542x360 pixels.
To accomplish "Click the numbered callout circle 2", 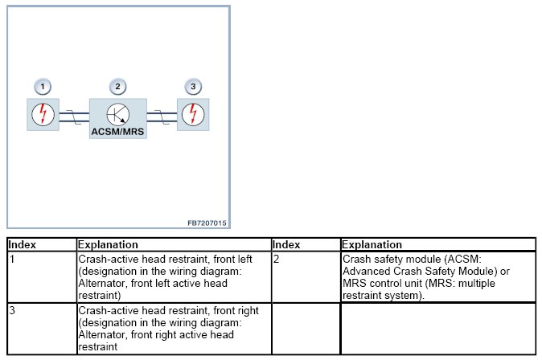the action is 118,86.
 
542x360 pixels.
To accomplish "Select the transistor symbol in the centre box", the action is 118,113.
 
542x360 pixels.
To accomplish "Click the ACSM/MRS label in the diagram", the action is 118,131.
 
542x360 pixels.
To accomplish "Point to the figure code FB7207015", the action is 207,222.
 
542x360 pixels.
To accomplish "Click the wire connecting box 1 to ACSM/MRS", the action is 73,117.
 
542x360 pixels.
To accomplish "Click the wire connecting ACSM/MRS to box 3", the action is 162,117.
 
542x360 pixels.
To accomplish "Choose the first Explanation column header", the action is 109,244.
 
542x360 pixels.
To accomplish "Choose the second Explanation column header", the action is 372,244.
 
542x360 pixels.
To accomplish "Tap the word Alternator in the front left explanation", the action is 102,282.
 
